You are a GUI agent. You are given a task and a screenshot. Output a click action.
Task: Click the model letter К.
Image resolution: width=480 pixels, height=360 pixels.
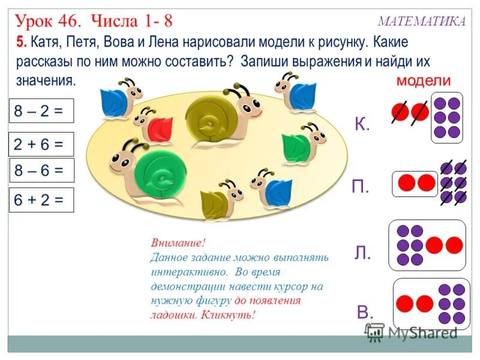[x=362, y=124]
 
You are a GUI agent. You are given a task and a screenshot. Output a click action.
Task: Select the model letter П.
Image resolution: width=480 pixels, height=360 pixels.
[x=361, y=187]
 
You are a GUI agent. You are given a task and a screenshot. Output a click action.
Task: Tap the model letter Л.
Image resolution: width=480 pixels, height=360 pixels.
[x=362, y=253]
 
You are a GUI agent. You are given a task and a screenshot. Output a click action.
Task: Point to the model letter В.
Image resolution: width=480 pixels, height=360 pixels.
[x=365, y=311]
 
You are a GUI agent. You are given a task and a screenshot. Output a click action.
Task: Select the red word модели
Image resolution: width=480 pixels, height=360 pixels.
[x=424, y=80]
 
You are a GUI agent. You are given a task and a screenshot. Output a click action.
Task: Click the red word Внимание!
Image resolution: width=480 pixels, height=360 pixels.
[x=178, y=244]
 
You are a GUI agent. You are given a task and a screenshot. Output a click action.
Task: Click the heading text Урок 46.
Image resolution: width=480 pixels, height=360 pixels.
[x=48, y=21]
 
